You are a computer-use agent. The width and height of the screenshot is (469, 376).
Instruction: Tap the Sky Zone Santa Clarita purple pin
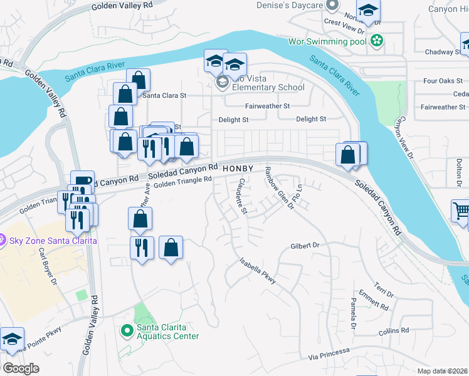pos(3,241)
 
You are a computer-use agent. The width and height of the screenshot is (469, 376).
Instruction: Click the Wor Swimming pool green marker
pos(376,41)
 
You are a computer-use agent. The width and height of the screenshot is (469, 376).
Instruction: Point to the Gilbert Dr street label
pos(305,246)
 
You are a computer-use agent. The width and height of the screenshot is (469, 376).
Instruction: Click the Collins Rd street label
pos(393,330)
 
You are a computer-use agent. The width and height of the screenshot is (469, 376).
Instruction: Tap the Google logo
pos(21,368)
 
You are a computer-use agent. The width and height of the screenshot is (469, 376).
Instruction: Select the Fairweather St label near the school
pos(267,107)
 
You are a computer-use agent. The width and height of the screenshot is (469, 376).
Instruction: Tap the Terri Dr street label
pos(384,289)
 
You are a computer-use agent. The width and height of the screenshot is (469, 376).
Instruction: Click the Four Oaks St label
pos(438,81)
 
